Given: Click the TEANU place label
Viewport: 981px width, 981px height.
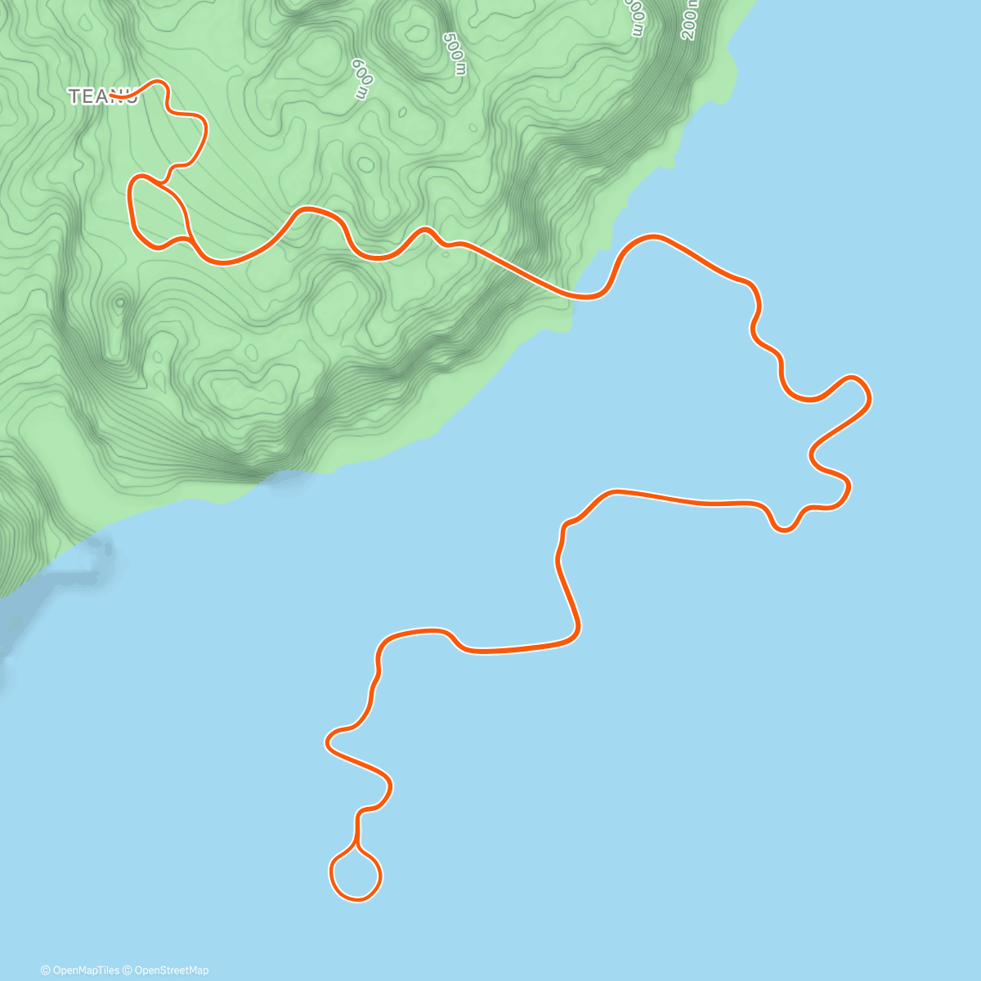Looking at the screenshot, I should [102, 96].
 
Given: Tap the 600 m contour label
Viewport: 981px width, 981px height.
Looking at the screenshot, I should [361, 78].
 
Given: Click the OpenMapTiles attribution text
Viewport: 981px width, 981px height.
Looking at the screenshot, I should [80, 970].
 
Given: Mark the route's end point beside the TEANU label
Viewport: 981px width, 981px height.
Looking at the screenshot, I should [112, 96].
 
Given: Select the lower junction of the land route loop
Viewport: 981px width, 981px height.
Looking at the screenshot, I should [190, 239].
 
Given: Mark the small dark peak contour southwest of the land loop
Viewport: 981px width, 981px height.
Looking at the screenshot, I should [120, 302].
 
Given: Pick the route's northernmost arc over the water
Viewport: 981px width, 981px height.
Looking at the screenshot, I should [654, 237].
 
